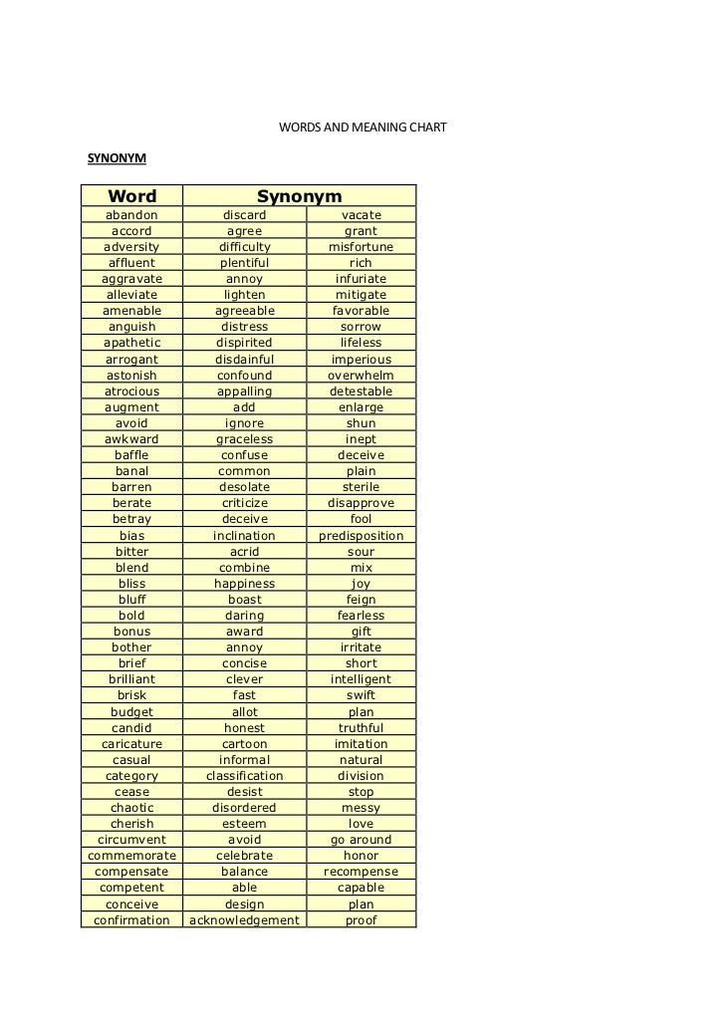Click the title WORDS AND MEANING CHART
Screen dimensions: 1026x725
(362, 128)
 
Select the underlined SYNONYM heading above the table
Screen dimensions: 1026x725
(117, 158)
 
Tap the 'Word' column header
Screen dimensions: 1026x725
(131, 196)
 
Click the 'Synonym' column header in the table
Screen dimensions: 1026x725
(300, 196)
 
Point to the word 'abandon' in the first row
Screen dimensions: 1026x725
(131, 215)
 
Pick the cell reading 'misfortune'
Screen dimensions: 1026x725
(361, 247)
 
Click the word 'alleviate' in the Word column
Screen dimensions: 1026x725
(131, 295)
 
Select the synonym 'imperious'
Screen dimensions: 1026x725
(361, 360)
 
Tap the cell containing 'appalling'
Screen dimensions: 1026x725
(244, 391)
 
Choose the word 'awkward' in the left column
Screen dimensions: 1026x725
(131, 439)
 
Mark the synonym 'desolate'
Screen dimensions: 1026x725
(244, 487)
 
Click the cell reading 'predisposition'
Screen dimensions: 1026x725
(361, 536)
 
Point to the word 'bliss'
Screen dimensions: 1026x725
(131, 584)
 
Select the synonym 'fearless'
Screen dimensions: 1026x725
(361, 616)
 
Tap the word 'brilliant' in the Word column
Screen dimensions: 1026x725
(131, 679)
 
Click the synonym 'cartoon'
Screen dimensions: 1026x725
(244, 744)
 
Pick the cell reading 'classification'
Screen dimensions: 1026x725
(244, 776)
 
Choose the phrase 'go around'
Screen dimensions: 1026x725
(361, 840)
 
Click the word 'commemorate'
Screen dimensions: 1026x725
(131, 856)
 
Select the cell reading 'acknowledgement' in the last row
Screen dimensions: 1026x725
(244, 920)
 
